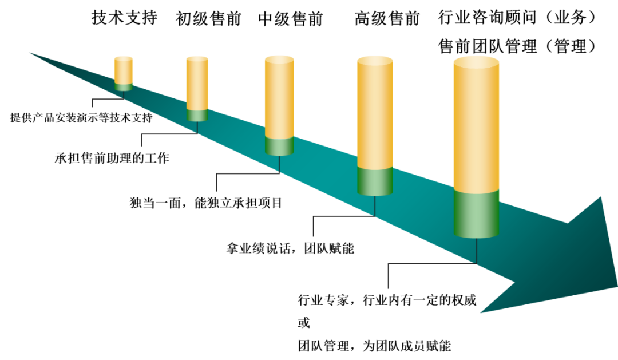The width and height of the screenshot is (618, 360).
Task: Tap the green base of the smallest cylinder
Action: click(124, 87)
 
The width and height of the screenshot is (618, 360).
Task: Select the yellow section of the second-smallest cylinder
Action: click(197, 83)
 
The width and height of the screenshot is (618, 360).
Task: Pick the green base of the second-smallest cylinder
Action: click(197, 114)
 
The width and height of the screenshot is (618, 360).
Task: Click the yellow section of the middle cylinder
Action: click(279, 97)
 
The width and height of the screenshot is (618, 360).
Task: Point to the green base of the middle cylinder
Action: click(279, 146)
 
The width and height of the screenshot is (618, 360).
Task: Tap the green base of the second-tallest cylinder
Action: click(375, 181)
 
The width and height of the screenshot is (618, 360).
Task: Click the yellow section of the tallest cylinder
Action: click(476, 126)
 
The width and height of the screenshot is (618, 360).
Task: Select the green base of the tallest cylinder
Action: click(476, 213)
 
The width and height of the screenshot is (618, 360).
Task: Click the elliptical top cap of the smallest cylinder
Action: click(124, 58)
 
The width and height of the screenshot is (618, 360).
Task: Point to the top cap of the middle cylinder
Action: click(279, 58)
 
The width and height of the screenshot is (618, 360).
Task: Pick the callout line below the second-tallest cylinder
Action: click(343, 216)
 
